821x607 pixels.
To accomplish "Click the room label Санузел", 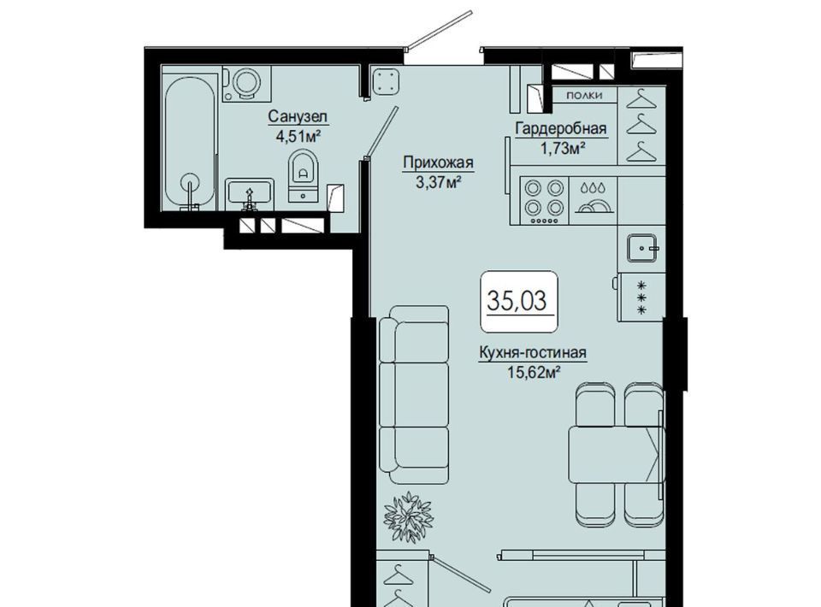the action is coord(298,116).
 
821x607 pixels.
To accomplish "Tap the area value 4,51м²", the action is coord(298,136).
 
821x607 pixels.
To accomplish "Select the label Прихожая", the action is coord(438,162).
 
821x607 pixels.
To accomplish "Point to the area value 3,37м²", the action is coord(438,183).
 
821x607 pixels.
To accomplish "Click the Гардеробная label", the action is coord(561,128).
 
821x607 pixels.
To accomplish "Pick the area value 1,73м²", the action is coord(562,148).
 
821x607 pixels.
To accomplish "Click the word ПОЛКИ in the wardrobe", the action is coord(584,95).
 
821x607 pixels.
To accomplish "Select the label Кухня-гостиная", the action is coord(533,353).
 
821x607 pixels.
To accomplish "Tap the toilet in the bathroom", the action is coord(303,175).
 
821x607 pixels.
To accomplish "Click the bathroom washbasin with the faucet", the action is coord(250,193).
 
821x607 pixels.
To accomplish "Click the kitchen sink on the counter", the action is coord(643,248).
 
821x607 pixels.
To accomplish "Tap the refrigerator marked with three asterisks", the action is coord(641,297).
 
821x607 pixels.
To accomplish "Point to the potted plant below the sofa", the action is coord(407,517).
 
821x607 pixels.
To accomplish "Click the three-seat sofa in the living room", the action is coord(415,395).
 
